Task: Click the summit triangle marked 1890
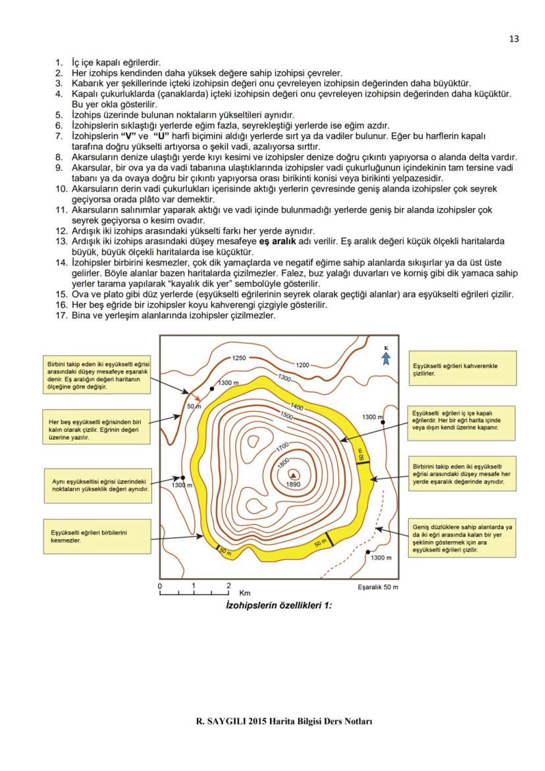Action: (293, 473)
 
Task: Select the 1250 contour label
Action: (239, 358)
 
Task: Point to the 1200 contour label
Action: (303, 364)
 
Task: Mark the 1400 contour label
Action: (296, 408)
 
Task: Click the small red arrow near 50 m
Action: (197, 398)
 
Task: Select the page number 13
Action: (514, 39)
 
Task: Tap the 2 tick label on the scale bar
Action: (228, 585)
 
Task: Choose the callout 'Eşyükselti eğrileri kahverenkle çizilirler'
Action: (454, 369)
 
